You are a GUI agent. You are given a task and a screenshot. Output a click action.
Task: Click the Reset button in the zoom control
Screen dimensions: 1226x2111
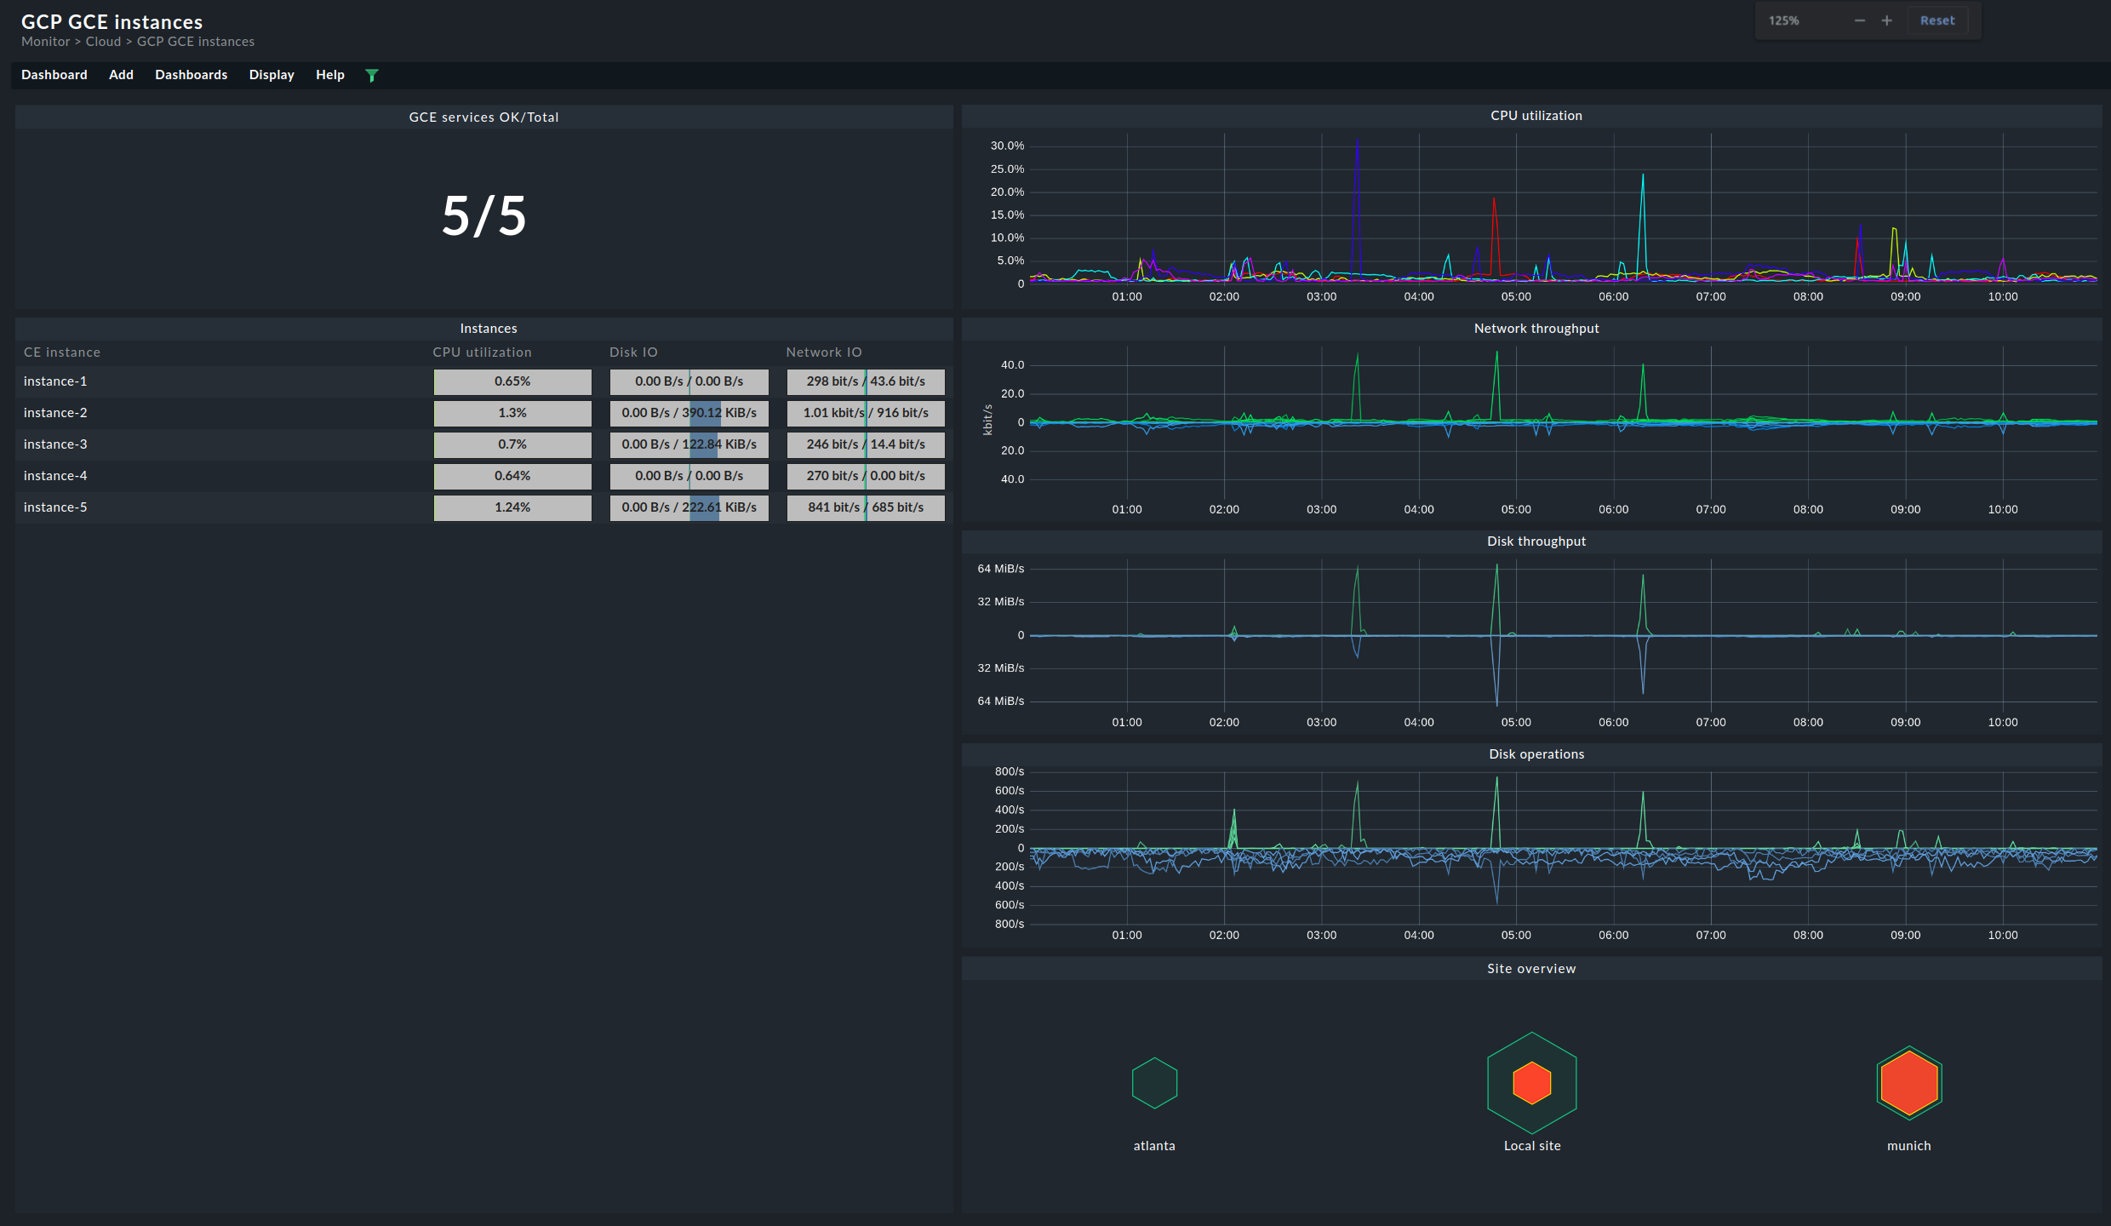point(1937,20)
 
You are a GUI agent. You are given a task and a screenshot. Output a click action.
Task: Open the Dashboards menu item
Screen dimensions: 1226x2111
point(191,75)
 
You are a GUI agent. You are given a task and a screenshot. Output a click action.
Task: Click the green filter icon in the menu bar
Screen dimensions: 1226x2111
point(371,76)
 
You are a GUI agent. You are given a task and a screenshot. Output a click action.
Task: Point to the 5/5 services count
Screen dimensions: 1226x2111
point(483,216)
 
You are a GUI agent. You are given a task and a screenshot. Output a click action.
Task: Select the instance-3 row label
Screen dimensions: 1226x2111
point(55,444)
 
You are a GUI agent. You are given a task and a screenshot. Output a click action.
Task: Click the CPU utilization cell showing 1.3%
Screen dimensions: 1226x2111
point(512,413)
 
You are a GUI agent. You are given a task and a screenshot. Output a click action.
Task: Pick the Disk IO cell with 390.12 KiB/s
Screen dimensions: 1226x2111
point(689,413)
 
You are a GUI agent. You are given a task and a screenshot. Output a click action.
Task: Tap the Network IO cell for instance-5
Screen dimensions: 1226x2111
point(865,507)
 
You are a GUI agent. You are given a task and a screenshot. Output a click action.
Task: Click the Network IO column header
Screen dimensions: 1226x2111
point(823,352)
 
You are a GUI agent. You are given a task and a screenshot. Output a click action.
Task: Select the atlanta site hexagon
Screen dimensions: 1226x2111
point(1154,1083)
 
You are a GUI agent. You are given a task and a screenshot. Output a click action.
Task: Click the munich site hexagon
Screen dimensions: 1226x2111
point(1908,1083)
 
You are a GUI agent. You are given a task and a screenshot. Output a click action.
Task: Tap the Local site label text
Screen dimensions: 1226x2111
point(1531,1146)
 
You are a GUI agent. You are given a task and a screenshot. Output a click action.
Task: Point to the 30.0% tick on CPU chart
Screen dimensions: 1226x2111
point(1007,146)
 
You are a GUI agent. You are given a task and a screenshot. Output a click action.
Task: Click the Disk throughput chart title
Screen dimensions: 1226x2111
point(1536,541)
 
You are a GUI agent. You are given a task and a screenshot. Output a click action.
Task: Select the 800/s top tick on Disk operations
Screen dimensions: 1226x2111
point(1009,771)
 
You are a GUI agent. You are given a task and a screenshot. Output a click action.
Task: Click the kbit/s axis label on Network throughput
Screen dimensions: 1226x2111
point(987,420)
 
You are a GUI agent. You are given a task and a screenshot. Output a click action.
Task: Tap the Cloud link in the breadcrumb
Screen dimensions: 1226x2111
point(103,42)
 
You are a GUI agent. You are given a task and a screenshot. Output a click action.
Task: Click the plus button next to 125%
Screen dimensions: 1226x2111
point(1886,20)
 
